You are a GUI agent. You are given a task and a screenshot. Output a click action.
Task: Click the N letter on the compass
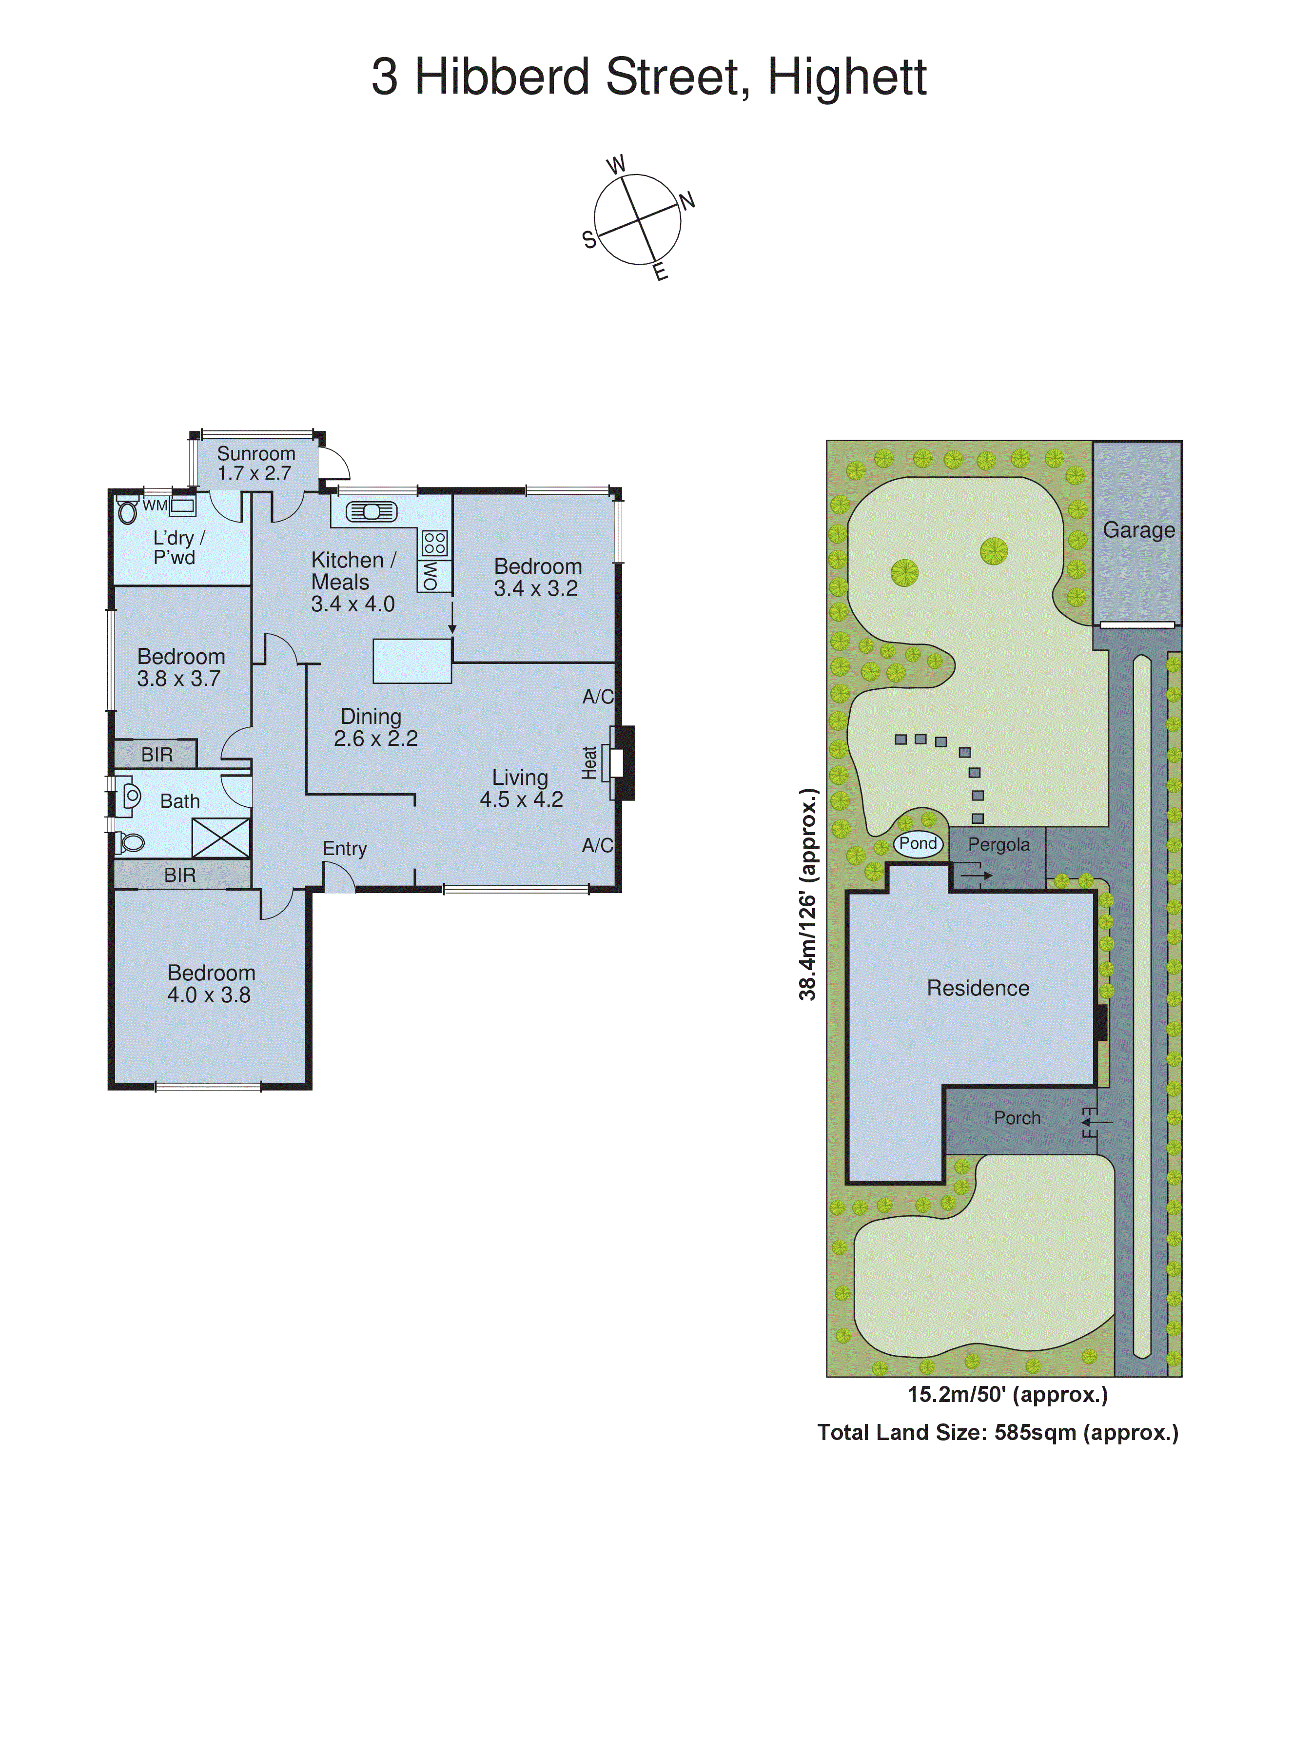[686, 201]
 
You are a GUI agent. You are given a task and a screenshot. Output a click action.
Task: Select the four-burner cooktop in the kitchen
[435, 543]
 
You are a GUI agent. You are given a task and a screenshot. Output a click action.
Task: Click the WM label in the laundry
[155, 506]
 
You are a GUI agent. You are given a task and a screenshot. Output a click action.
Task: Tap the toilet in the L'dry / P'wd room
[127, 512]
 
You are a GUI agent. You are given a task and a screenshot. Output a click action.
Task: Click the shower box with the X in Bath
[221, 838]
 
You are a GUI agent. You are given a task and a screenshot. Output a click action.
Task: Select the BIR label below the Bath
[180, 875]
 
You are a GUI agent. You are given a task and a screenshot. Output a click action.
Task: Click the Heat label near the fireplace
[590, 762]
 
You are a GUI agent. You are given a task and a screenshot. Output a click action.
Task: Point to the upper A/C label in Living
[598, 697]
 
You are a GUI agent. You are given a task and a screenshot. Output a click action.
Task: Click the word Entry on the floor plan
[344, 848]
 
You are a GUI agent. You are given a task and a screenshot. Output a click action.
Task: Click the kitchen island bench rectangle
[412, 661]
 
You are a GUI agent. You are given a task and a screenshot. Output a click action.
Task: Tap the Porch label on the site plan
[1017, 1118]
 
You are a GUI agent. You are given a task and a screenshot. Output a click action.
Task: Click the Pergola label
[998, 844]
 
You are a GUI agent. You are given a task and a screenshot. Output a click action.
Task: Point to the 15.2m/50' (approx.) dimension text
[1007, 1394]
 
